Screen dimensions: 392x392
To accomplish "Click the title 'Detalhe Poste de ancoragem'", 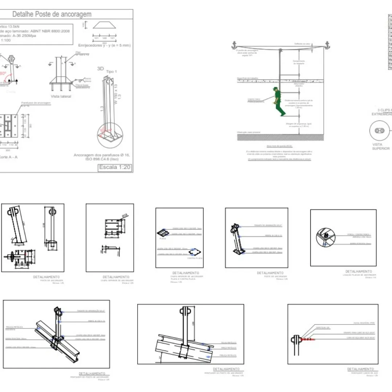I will [52, 15].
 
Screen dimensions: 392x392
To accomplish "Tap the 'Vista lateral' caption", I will [61, 96].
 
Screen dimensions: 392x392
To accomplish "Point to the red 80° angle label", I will [3, 74].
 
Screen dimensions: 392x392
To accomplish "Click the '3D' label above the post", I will [101, 68].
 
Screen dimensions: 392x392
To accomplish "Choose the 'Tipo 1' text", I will [111, 72].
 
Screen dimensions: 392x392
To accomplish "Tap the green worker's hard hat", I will [276, 88].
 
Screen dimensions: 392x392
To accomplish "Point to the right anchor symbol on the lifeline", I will [327, 45].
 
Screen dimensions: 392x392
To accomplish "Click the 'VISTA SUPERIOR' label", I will [381, 146].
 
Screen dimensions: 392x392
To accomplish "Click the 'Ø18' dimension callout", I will [124, 216].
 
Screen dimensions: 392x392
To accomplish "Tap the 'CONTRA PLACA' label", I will [194, 258].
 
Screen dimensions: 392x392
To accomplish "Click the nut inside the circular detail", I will [326, 236].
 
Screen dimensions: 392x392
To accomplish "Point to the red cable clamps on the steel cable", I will [307, 339].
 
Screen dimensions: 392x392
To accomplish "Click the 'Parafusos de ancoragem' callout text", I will [36, 103].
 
